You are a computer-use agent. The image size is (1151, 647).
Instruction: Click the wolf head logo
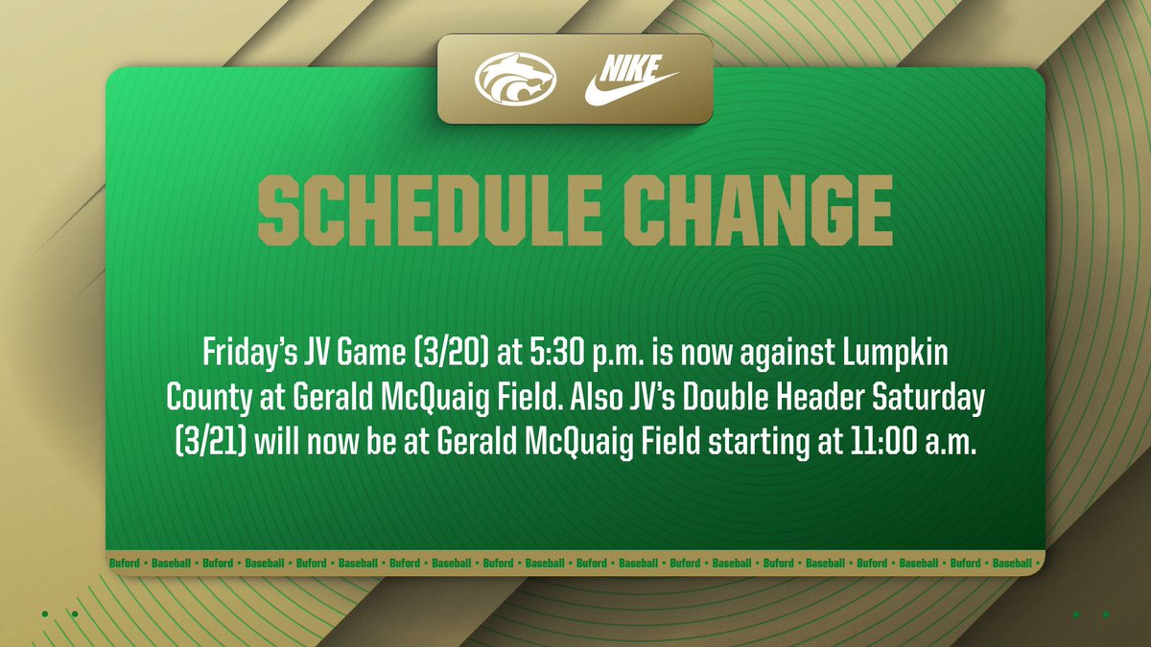coord(515,79)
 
